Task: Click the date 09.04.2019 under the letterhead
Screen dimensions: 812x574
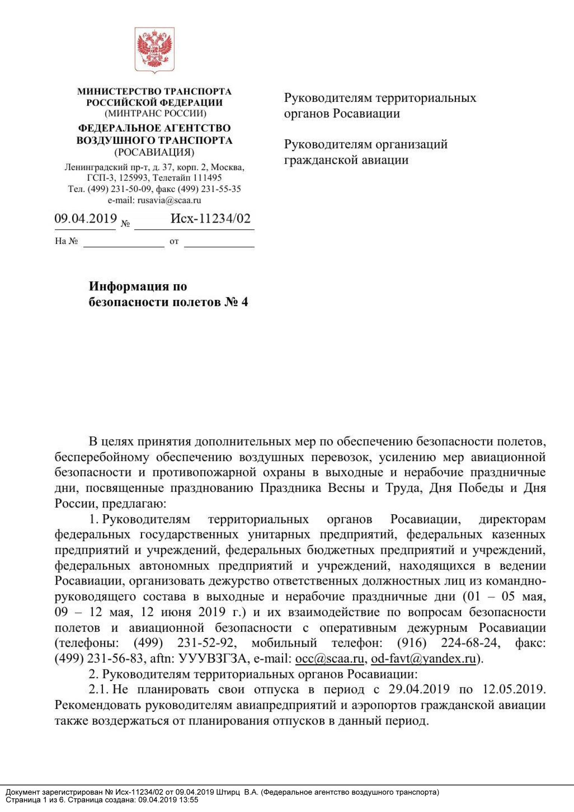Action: coord(86,218)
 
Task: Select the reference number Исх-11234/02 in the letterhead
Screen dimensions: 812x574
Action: coord(210,218)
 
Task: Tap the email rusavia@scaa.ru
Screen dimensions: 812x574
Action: coord(169,200)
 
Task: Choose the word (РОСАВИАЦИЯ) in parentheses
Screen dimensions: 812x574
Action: coord(154,152)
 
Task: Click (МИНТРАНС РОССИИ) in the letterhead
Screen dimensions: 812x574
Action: coord(155,113)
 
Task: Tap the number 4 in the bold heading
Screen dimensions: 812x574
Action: coord(245,302)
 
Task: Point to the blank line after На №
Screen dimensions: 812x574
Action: coord(124,242)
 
